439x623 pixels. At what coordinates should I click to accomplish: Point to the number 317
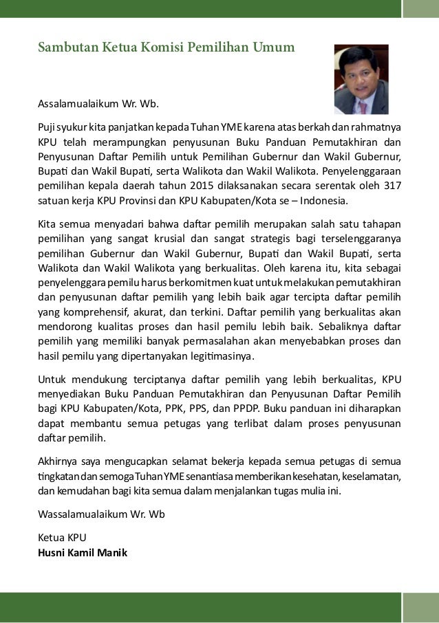[392, 186]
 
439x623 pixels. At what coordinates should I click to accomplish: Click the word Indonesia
[324, 201]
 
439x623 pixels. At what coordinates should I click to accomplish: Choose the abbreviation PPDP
[242, 408]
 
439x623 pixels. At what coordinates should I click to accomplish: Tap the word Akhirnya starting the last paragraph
[57, 460]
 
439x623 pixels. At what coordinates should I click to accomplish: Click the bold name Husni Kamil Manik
[83, 551]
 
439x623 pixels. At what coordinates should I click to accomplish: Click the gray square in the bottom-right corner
[420, 606]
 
